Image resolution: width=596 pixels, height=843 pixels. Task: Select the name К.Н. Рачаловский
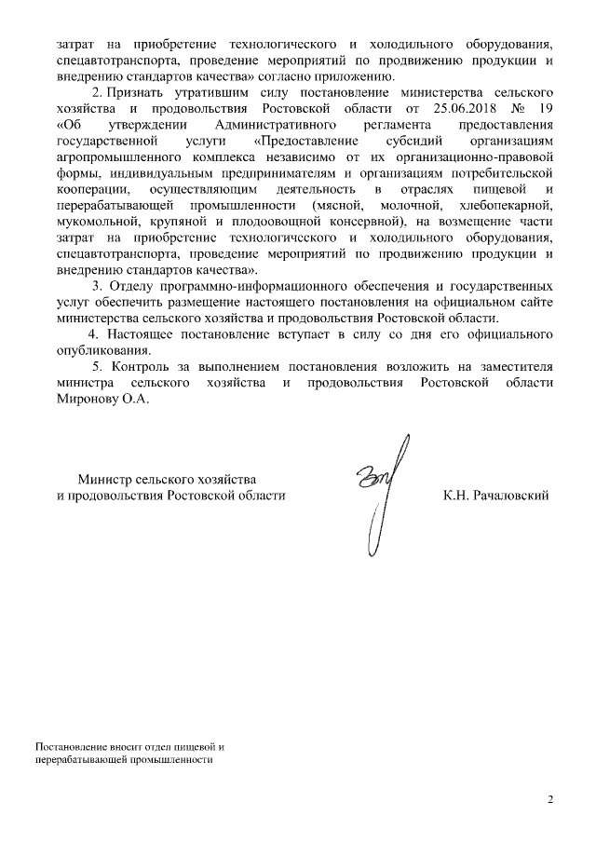(496, 496)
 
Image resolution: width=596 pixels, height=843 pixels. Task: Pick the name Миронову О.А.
(102, 399)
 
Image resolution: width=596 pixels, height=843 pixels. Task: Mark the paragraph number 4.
(91, 334)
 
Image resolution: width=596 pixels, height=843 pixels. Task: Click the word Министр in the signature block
(104, 479)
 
